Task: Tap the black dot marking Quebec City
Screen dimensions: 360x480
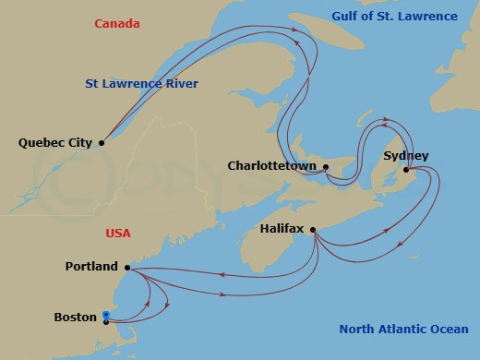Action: point(102,142)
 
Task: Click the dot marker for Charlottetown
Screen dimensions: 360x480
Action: point(326,167)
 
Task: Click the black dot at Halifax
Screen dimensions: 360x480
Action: point(313,230)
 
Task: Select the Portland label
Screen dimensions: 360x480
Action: point(91,267)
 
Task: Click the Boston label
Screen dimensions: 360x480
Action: point(76,318)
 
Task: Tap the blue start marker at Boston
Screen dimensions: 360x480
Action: point(106,317)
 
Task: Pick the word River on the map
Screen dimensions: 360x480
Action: point(181,84)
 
